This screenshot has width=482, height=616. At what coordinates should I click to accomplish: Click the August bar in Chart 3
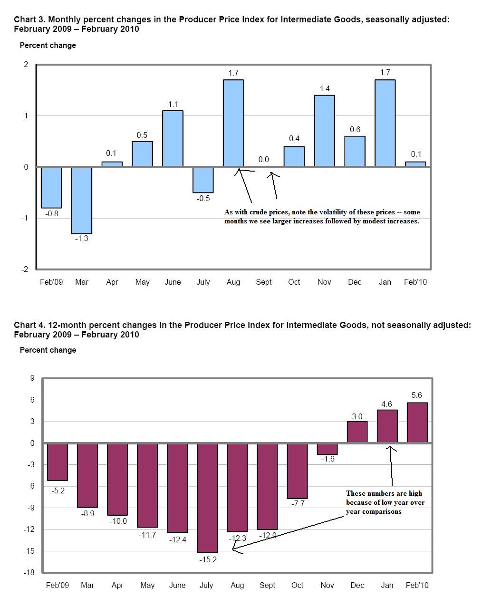tap(233, 123)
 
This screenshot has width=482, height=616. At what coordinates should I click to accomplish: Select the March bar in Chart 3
tap(82, 200)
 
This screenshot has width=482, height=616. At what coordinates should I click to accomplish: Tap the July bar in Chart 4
tap(207, 498)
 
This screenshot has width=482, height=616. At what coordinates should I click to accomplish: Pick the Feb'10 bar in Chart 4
tap(417, 423)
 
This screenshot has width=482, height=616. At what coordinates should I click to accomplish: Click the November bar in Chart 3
tap(325, 131)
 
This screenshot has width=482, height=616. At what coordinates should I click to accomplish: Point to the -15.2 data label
tap(208, 559)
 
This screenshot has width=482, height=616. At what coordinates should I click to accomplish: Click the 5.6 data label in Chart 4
tap(417, 395)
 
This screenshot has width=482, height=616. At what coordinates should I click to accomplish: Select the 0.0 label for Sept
tap(263, 160)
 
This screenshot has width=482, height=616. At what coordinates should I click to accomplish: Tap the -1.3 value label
tap(82, 239)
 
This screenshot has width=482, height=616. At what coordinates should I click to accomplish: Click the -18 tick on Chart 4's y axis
tap(29, 572)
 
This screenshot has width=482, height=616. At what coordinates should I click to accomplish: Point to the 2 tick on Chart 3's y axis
tap(26, 65)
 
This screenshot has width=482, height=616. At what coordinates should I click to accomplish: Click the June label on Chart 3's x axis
tap(173, 282)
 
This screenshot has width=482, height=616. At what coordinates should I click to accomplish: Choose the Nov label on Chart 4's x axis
tap(327, 585)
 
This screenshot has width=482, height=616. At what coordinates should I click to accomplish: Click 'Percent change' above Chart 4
tap(48, 350)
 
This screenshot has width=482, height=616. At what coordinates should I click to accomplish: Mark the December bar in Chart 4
tap(357, 432)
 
